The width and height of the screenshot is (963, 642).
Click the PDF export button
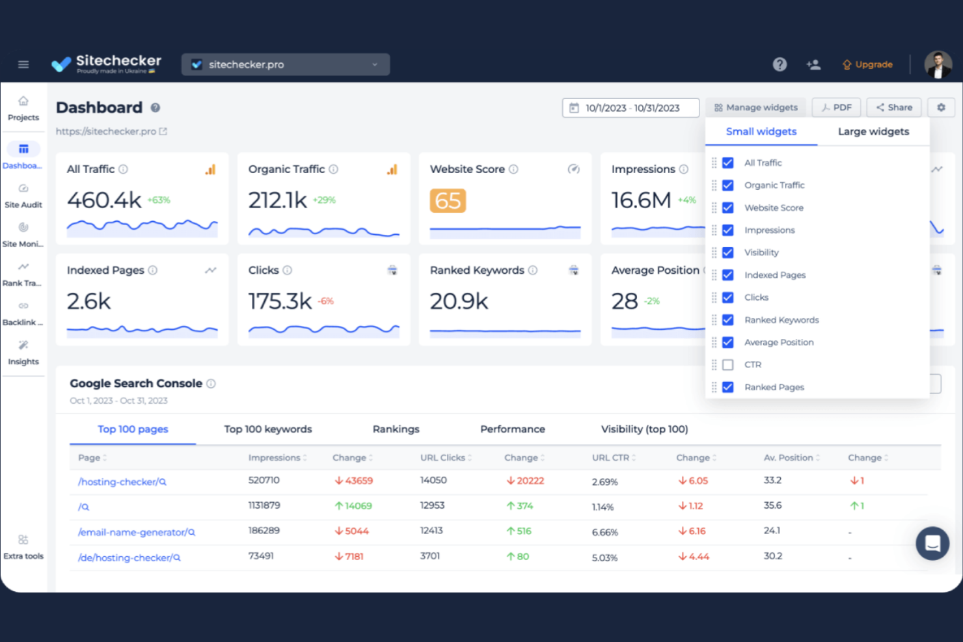pos(836,107)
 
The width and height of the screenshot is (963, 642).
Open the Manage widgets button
pos(755,107)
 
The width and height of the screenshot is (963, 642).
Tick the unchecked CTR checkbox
pos(728,365)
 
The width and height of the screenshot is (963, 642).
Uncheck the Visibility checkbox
pos(728,252)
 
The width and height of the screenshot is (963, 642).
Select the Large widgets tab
pos(873,131)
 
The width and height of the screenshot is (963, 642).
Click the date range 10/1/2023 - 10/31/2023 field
pos(631,108)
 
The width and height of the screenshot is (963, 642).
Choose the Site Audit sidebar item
pos(23,196)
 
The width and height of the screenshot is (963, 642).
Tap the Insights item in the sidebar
pos(23,353)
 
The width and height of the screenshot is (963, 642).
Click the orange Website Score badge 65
pos(448,201)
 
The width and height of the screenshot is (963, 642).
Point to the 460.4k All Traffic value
pos(104,200)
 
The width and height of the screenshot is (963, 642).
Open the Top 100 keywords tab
pos(268,429)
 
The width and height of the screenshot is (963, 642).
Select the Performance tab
pos(512,429)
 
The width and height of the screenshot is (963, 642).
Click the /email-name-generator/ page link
pos(133,532)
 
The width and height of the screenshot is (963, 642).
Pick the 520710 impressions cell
pos(264,480)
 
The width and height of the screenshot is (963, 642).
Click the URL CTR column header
pos(610,458)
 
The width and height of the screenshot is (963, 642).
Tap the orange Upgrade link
pos(867,64)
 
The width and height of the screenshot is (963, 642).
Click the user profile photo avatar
pos(938,64)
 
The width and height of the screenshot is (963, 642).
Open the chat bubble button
pos(932,543)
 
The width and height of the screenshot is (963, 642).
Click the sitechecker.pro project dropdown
pos(285,64)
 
